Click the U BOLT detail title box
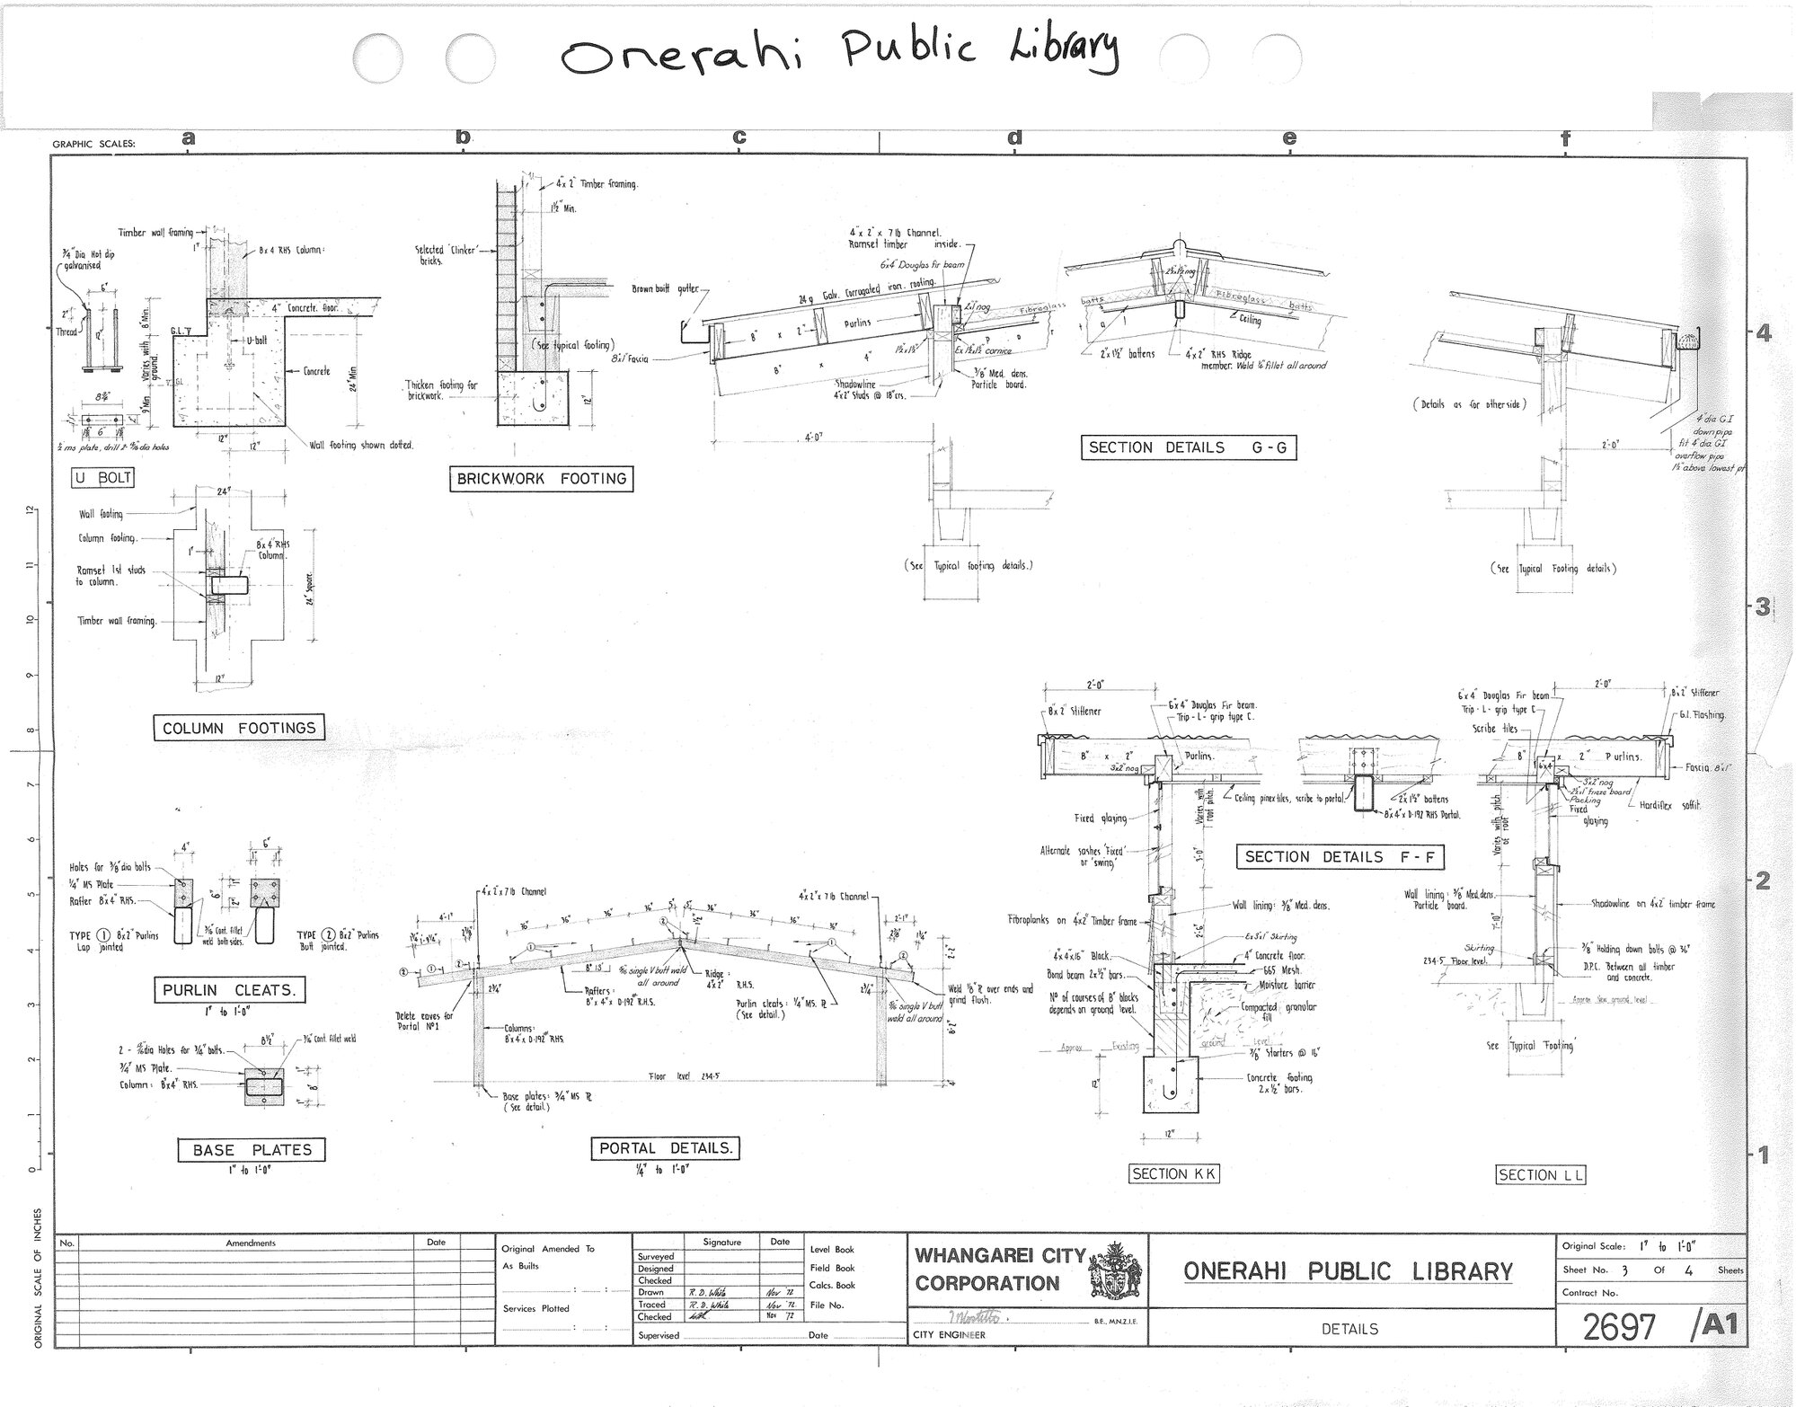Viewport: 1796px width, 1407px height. (x=103, y=478)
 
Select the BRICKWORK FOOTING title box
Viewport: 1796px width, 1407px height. (x=540, y=479)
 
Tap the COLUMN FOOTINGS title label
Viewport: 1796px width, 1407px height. (x=239, y=728)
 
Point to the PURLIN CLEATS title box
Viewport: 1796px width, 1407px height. (x=228, y=991)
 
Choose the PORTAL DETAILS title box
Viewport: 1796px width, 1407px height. (x=666, y=1148)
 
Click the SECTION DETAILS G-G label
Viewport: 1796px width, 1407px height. (x=1188, y=447)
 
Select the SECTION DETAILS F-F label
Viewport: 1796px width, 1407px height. (x=1340, y=857)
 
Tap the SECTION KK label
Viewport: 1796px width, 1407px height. (x=1174, y=1173)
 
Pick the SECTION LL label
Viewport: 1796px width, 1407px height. (x=1542, y=1174)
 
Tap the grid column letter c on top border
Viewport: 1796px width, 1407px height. (x=739, y=137)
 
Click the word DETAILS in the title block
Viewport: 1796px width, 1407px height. (x=1349, y=1329)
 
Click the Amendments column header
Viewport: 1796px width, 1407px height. (x=251, y=1243)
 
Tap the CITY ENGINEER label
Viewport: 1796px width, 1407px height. (x=950, y=1335)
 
